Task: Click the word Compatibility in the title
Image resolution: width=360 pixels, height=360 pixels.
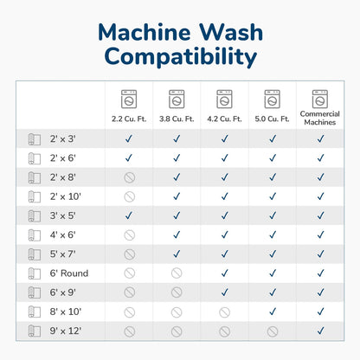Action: [x=181, y=56]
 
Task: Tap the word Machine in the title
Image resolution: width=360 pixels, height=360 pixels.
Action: [x=145, y=32]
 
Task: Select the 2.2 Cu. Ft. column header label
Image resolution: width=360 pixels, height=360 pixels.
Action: [x=129, y=119]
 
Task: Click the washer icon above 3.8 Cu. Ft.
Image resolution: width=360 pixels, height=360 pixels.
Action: [x=177, y=99]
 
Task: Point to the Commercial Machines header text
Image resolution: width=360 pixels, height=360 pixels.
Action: [x=320, y=118]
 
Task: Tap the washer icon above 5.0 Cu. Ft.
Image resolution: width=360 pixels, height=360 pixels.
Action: [x=272, y=99]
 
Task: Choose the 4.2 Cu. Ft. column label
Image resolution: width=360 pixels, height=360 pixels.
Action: [x=224, y=119]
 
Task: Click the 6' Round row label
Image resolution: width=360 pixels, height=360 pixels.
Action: [x=69, y=273]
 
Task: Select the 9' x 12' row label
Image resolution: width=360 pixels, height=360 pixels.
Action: [x=66, y=331]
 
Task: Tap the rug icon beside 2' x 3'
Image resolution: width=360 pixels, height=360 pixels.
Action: [x=35, y=139]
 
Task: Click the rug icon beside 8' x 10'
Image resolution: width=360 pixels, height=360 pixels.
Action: [x=35, y=312]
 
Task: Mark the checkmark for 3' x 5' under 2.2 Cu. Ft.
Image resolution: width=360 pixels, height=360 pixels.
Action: [x=129, y=215]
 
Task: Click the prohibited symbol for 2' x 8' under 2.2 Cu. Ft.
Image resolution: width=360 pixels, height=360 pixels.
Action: [x=130, y=177]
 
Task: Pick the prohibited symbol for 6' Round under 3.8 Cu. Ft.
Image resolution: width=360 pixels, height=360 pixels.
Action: [x=177, y=273]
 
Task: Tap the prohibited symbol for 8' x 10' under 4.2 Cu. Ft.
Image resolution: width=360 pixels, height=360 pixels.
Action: [x=224, y=312]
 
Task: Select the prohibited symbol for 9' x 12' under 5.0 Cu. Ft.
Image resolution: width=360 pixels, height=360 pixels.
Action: [x=273, y=331]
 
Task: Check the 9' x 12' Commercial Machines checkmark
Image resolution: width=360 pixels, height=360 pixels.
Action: [x=320, y=331]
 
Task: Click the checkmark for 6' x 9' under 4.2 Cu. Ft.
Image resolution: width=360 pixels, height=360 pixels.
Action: [x=224, y=292]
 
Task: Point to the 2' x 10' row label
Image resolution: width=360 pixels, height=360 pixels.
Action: [x=66, y=196]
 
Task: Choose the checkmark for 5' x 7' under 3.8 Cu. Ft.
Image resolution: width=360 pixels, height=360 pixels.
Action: [x=177, y=254]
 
